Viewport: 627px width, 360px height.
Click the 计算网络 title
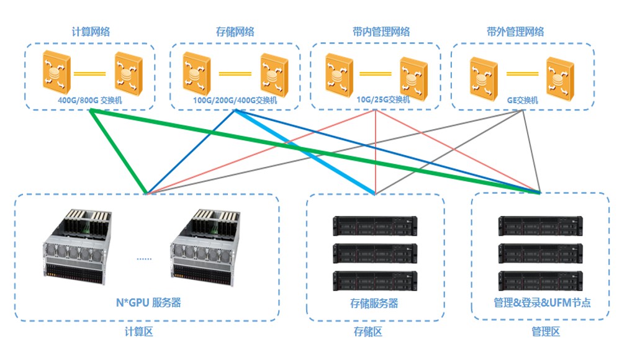(x=91, y=32)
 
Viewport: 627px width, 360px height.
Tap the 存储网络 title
(x=235, y=32)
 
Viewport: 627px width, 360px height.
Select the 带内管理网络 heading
(x=381, y=32)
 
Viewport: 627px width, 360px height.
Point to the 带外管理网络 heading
(x=515, y=32)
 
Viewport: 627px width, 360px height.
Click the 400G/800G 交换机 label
(x=90, y=101)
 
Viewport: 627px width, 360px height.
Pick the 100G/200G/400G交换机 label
(x=235, y=101)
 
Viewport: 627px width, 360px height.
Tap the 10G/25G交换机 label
(x=383, y=99)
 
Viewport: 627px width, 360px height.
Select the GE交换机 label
(x=522, y=101)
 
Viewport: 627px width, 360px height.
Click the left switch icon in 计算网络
(x=56, y=73)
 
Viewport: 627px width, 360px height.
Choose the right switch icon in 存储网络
(x=274, y=75)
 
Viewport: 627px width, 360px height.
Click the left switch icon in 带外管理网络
(x=484, y=79)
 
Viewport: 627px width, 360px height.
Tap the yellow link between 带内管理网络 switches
(x=376, y=74)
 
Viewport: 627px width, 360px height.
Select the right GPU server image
(x=205, y=247)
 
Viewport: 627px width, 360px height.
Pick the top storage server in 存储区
(x=375, y=225)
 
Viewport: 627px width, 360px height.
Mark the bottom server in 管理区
(x=541, y=281)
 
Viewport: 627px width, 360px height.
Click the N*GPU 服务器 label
(x=148, y=302)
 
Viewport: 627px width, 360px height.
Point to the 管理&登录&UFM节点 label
(x=542, y=302)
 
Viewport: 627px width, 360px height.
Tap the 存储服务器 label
(x=374, y=303)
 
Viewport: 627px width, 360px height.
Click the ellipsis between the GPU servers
(x=144, y=259)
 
